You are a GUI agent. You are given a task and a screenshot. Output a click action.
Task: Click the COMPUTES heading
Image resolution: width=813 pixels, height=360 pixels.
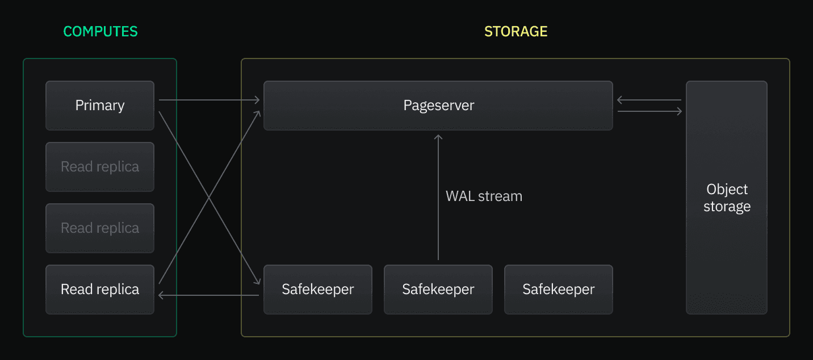point(100,31)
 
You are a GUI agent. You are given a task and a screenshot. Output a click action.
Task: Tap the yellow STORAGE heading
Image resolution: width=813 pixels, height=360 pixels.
point(516,31)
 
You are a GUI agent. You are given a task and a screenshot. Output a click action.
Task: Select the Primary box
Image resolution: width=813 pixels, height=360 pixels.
point(100,106)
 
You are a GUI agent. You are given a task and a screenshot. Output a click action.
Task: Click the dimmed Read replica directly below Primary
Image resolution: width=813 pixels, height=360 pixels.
point(100,167)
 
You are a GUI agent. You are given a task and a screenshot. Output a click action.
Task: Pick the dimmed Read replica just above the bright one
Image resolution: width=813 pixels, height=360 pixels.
point(100,228)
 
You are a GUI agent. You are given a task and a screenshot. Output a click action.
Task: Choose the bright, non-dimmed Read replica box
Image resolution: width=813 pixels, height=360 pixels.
point(100,290)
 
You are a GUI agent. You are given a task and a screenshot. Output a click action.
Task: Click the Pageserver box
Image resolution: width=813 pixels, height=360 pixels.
point(438,106)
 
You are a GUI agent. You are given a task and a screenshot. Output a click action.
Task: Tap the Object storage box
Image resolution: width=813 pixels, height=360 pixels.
point(726,197)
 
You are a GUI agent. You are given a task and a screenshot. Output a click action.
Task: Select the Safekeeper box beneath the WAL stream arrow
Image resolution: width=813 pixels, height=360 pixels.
point(438,290)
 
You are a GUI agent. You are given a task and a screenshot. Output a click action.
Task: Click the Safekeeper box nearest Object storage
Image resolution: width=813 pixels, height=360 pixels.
point(558,290)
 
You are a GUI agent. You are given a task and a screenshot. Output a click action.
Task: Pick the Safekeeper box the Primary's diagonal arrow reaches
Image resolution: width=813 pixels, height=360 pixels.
point(317,290)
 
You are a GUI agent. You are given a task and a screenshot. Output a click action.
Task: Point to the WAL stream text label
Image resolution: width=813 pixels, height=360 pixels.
point(484,196)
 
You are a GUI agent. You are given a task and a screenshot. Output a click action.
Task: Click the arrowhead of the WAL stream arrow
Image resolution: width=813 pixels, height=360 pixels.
point(438,137)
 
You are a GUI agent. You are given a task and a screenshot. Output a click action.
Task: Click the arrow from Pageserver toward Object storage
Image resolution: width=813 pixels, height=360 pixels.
point(649,112)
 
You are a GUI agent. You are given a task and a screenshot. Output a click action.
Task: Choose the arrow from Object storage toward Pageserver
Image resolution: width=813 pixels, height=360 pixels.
point(649,100)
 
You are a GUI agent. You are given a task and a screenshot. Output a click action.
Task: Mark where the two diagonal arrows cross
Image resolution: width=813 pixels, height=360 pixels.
point(209,197)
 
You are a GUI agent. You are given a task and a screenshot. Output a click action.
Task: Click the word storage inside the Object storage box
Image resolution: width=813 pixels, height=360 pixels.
point(727,207)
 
